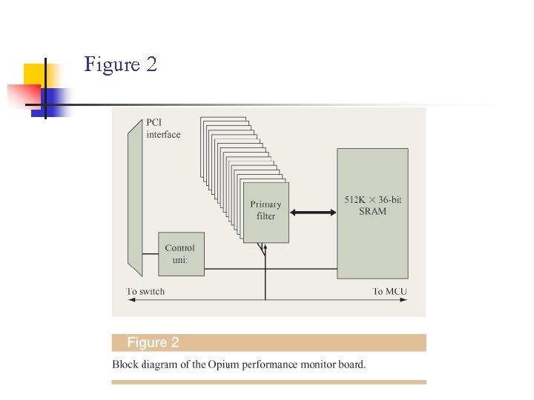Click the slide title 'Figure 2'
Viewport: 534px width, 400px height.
[120, 64]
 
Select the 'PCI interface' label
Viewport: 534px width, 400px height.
[163, 129]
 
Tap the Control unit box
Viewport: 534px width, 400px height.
[181, 254]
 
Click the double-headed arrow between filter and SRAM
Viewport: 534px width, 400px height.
[313, 213]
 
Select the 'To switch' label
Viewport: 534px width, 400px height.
[145, 291]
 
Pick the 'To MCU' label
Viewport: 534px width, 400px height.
[389, 291]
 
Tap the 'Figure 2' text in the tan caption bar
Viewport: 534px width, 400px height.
[153, 342]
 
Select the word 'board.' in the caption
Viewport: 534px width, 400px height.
[351, 364]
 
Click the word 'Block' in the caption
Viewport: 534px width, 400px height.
[125, 364]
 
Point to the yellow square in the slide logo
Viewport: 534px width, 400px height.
[37, 75]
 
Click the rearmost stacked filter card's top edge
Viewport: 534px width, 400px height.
[222, 117]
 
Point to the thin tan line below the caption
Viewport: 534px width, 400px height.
[268, 382]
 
